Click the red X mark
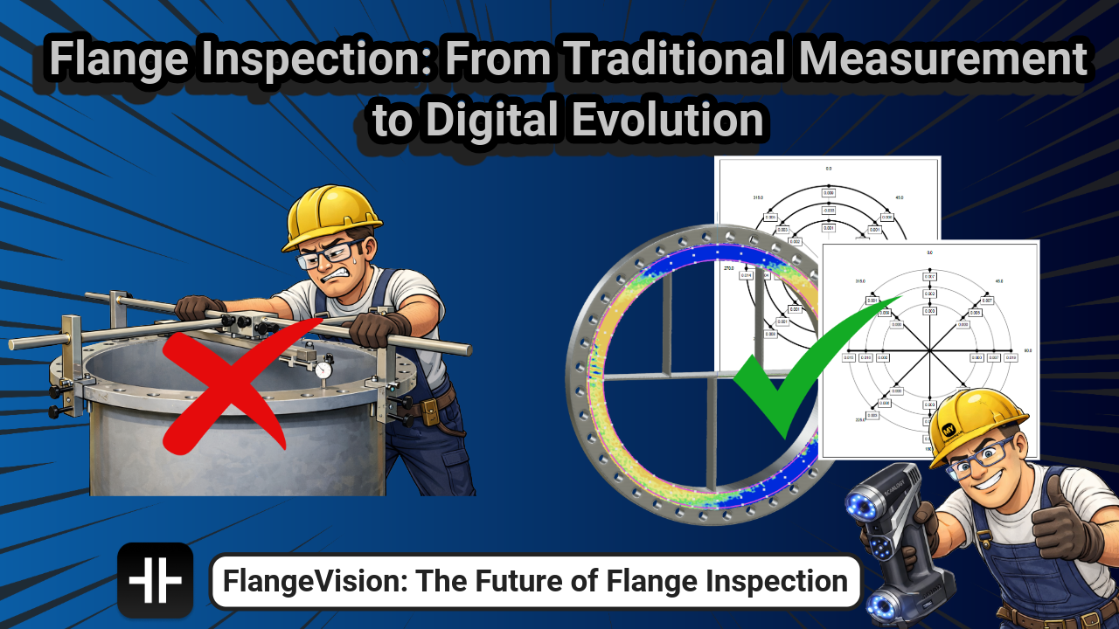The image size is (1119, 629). coord(229,390)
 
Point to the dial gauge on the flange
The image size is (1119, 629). coord(323,370)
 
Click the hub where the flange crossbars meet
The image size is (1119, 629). coord(711,378)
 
